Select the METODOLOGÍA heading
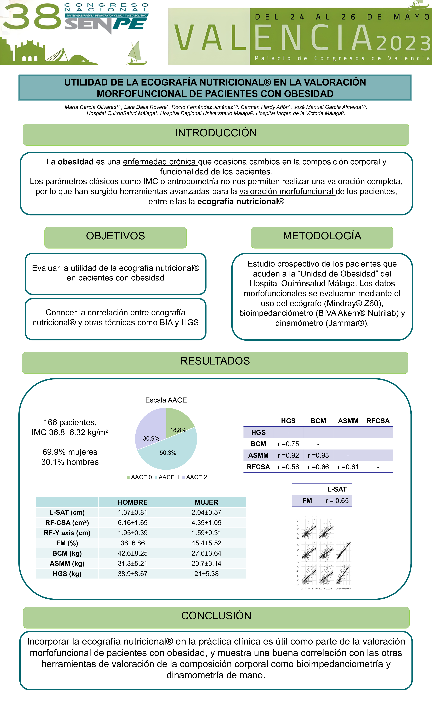point(322,236)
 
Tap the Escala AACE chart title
point(166,400)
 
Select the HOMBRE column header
point(132,502)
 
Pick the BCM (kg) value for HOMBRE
point(132,553)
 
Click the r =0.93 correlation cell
point(318,455)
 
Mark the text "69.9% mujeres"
point(70,452)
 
